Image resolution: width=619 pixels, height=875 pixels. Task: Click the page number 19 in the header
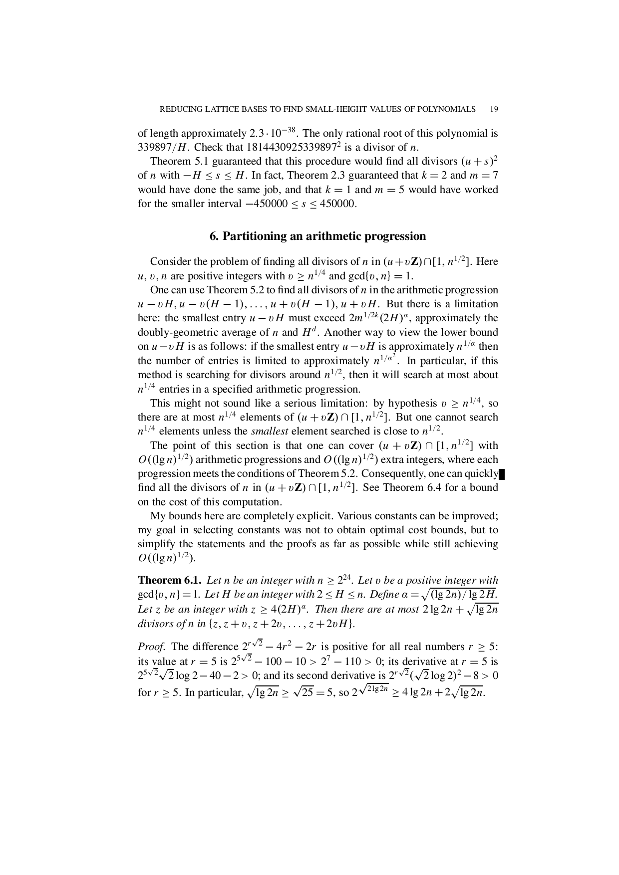[495, 109]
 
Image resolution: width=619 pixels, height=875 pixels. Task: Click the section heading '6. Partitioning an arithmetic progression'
[317, 236]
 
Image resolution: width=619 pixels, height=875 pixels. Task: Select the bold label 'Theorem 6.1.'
[170, 580]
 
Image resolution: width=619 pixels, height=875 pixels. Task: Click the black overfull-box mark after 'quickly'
[502, 474]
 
